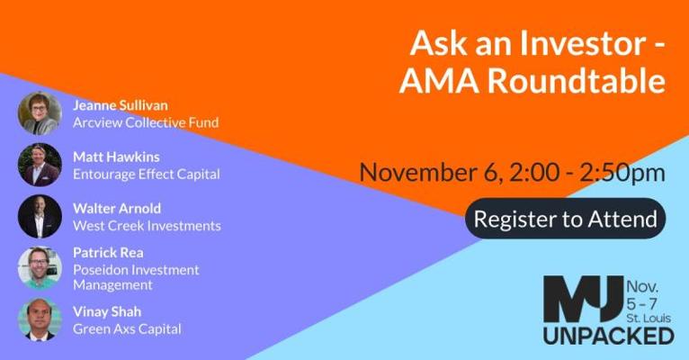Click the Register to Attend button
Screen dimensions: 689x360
[x=566, y=219]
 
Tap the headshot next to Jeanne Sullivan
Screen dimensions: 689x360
[x=40, y=113]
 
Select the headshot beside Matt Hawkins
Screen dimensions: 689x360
[x=40, y=165]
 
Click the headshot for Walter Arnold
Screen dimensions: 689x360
[x=40, y=216]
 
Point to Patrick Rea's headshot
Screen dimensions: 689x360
[x=40, y=267]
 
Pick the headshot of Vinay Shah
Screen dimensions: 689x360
[x=40, y=319]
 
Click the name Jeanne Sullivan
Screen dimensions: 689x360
[x=121, y=105]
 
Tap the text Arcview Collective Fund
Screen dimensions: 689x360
[x=146, y=122]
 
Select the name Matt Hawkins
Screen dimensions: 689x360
[x=116, y=157]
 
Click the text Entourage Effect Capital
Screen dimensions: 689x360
[x=147, y=175]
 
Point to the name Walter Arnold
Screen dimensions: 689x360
[x=117, y=209]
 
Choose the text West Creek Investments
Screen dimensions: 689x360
[x=147, y=226]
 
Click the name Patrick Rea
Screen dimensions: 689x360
[x=108, y=253]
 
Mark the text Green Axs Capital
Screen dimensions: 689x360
[x=127, y=328]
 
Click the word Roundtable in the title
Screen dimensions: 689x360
[x=577, y=81]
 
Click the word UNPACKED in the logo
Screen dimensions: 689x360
[x=609, y=336]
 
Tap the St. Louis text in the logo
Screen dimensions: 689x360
[x=649, y=318]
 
